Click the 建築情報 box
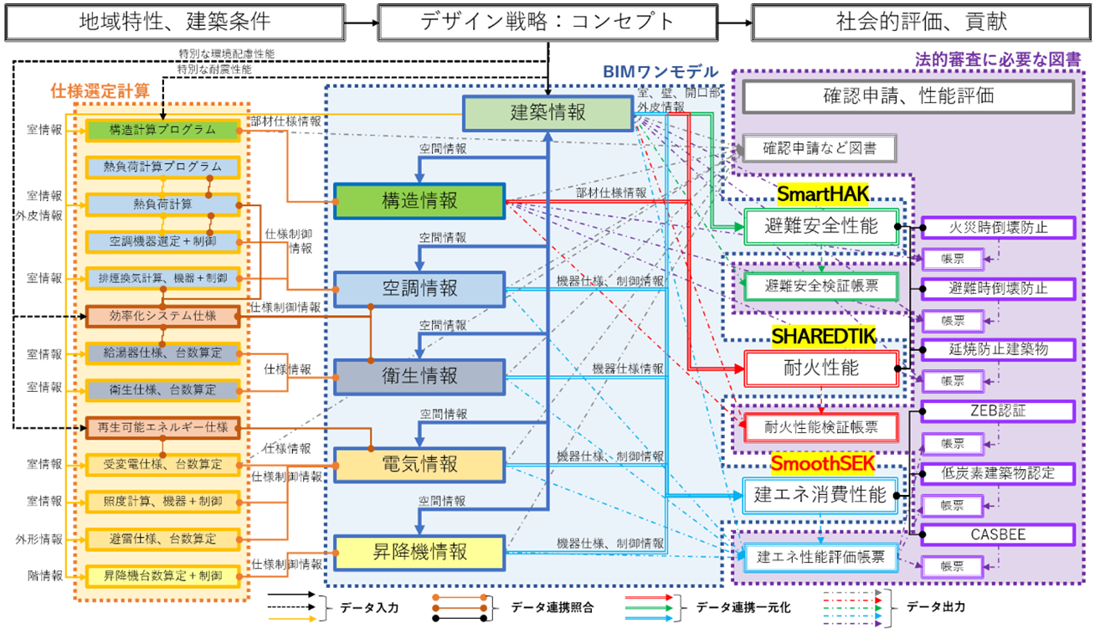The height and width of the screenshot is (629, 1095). [548, 113]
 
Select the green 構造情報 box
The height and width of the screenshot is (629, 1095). [419, 201]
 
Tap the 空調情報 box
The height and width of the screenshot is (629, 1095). [419, 289]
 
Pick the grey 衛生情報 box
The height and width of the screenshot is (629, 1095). [419, 377]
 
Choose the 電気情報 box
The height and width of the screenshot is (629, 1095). [419, 465]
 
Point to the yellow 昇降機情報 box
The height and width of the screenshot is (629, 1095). [419, 553]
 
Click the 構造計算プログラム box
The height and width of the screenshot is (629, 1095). [162, 130]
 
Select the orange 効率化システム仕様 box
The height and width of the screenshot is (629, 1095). [162, 316]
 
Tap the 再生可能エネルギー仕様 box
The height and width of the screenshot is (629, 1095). [162, 427]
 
